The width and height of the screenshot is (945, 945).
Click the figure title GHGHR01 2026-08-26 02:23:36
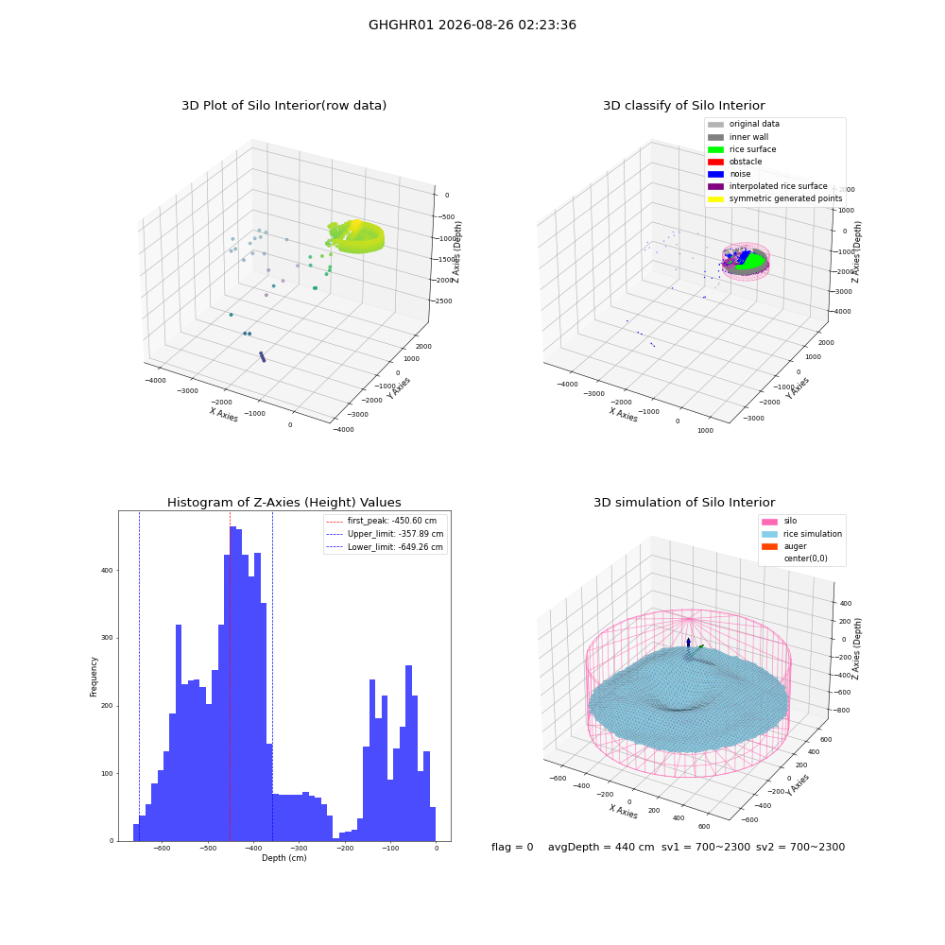pyautogui.click(x=472, y=25)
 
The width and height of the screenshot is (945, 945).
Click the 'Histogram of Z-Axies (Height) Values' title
pyautogui.click(x=283, y=502)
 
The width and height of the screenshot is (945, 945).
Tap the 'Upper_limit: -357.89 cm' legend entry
pyautogui.click(x=385, y=534)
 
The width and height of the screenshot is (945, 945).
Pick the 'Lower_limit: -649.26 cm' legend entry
pyautogui.click(x=385, y=547)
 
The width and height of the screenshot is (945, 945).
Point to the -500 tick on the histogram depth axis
pyautogui.click(x=207, y=849)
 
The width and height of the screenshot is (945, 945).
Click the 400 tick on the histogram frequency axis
pyautogui.click(x=107, y=570)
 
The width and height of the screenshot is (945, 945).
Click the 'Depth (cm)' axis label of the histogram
pyautogui.click(x=283, y=858)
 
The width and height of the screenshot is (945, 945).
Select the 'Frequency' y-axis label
pyautogui.click(x=94, y=677)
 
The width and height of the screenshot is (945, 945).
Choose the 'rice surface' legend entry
pyautogui.click(x=741, y=149)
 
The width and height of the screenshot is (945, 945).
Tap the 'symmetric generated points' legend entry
pyautogui.click(x=775, y=198)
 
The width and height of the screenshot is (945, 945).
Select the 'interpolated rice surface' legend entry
pyautogui.click(x=767, y=186)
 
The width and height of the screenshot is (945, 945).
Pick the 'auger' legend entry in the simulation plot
pyautogui.click(x=784, y=546)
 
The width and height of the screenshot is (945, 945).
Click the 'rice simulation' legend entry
pyautogui.click(x=801, y=534)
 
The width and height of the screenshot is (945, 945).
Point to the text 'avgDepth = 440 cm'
pyautogui.click(x=601, y=847)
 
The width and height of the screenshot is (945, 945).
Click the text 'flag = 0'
pyautogui.click(x=512, y=847)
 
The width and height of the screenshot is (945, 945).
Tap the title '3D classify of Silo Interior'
pyautogui.click(x=684, y=106)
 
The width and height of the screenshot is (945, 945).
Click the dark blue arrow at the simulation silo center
pyautogui.click(x=688, y=643)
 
